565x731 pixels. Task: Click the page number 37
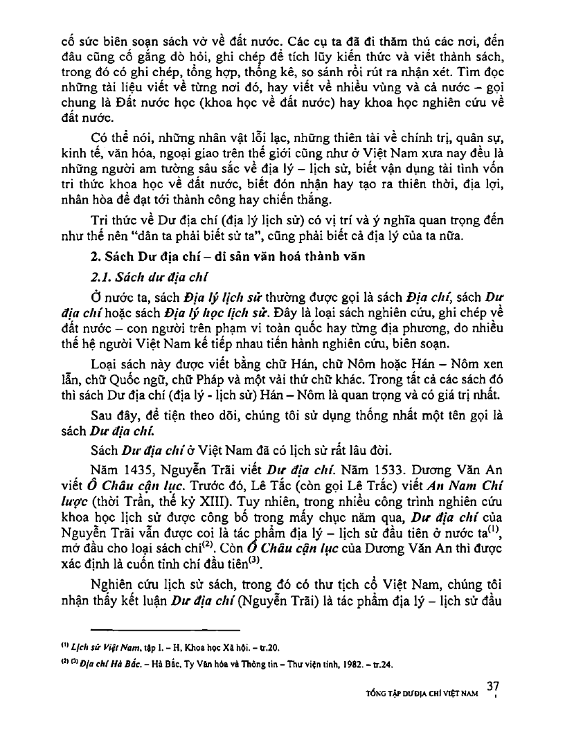[x=493, y=687]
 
